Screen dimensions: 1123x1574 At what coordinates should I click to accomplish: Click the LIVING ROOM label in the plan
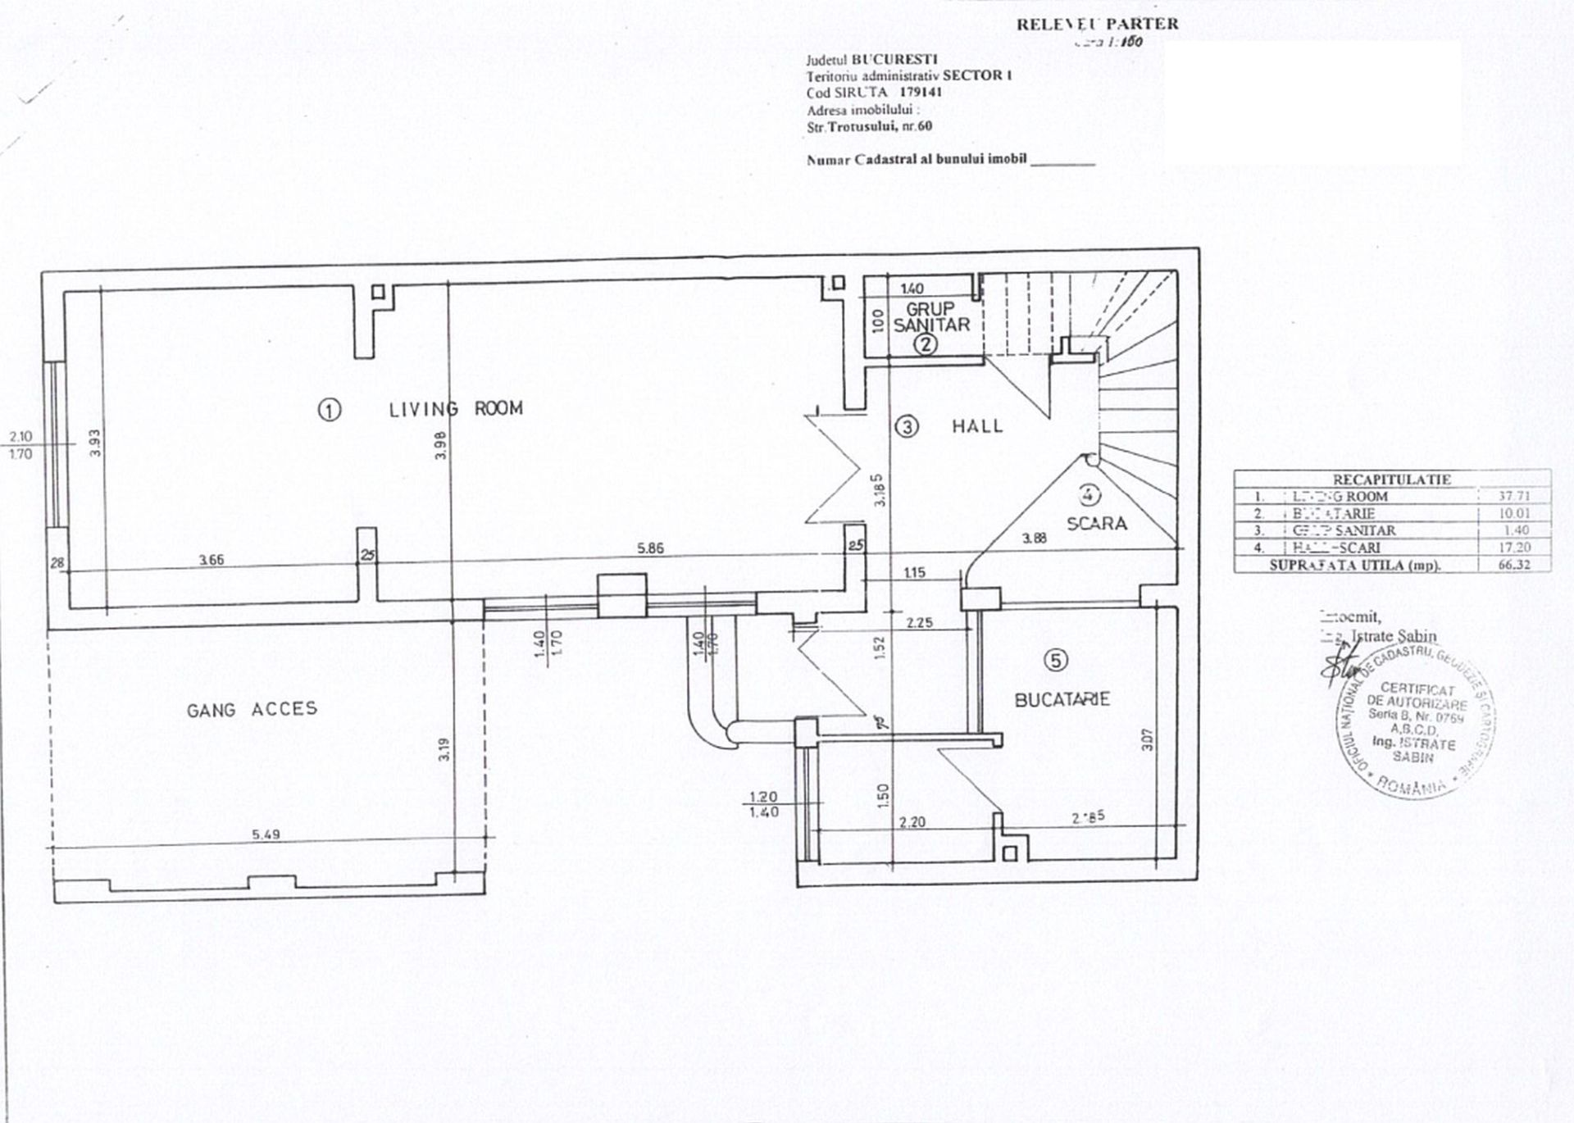click(x=456, y=408)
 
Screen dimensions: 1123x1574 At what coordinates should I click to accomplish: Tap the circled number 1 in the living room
click(x=329, y=410)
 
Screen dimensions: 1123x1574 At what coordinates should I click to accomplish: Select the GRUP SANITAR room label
click(x=931, y=316)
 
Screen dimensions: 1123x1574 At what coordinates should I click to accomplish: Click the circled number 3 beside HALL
click(x=907, y=426)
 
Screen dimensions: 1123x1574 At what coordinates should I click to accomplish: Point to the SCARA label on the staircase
click(x=1097, y=523)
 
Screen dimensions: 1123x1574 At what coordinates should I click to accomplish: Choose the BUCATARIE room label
click(x=1062, y=699)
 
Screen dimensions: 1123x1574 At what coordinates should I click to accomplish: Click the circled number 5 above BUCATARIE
click(x=1058, y=660)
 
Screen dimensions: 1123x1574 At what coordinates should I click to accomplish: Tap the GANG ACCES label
click(x=252, y=710)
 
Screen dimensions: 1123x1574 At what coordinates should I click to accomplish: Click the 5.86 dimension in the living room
click(x=650, y=548)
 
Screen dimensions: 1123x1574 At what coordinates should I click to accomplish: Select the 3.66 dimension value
click(x=212, y=560)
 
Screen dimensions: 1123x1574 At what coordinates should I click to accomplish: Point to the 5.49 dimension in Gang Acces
click(x=266, y=834)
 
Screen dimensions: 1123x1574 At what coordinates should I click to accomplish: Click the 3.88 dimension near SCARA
click(x=1035, y=539)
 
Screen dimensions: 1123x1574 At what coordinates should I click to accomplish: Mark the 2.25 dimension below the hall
click(x=920, y=623)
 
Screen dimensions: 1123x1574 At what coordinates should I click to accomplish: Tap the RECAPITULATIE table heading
click(x=1391, y=480)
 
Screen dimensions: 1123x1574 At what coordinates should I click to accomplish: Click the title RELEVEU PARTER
click(x=1097, y=25)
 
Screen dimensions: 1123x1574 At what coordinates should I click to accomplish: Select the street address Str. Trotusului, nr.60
click(x=869, y=126)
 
